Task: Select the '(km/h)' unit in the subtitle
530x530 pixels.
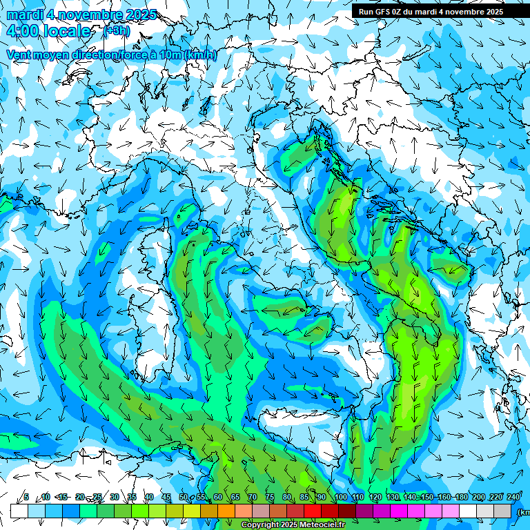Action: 201,55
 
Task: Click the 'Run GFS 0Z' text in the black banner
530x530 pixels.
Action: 383,12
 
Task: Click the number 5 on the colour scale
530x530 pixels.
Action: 26,497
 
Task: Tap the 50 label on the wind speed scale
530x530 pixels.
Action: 184,497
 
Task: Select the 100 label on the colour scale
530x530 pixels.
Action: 340,497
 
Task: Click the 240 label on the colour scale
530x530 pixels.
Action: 513,497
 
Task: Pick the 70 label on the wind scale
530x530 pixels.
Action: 253,497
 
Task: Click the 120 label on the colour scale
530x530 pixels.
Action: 375,497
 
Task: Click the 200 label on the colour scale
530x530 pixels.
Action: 479,497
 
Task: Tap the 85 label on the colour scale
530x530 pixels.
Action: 304,497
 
